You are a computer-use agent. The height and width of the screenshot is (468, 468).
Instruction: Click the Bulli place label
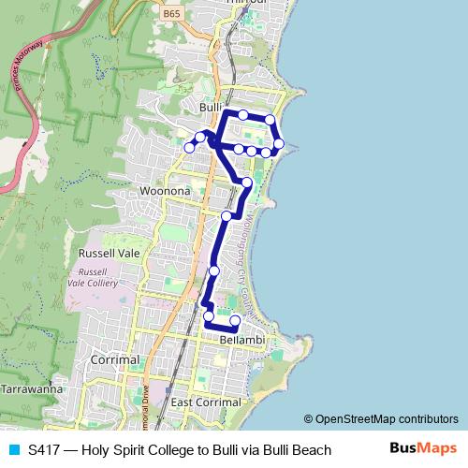209,108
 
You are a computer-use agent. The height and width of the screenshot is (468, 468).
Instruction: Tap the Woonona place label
164,191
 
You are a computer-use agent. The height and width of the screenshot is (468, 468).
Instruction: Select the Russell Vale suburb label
110,253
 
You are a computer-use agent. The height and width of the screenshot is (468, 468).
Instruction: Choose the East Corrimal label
206,402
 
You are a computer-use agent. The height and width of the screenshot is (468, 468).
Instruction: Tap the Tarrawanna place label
31,388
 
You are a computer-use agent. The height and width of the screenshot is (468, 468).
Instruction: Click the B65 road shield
170,14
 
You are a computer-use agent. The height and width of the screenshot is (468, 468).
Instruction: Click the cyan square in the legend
13,450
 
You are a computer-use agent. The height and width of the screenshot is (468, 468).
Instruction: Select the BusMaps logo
422,449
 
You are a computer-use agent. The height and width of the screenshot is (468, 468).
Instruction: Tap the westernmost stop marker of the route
190,147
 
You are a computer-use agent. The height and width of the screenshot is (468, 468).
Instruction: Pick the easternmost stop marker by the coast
279,143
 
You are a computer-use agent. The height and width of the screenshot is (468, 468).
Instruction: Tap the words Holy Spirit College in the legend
136,450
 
